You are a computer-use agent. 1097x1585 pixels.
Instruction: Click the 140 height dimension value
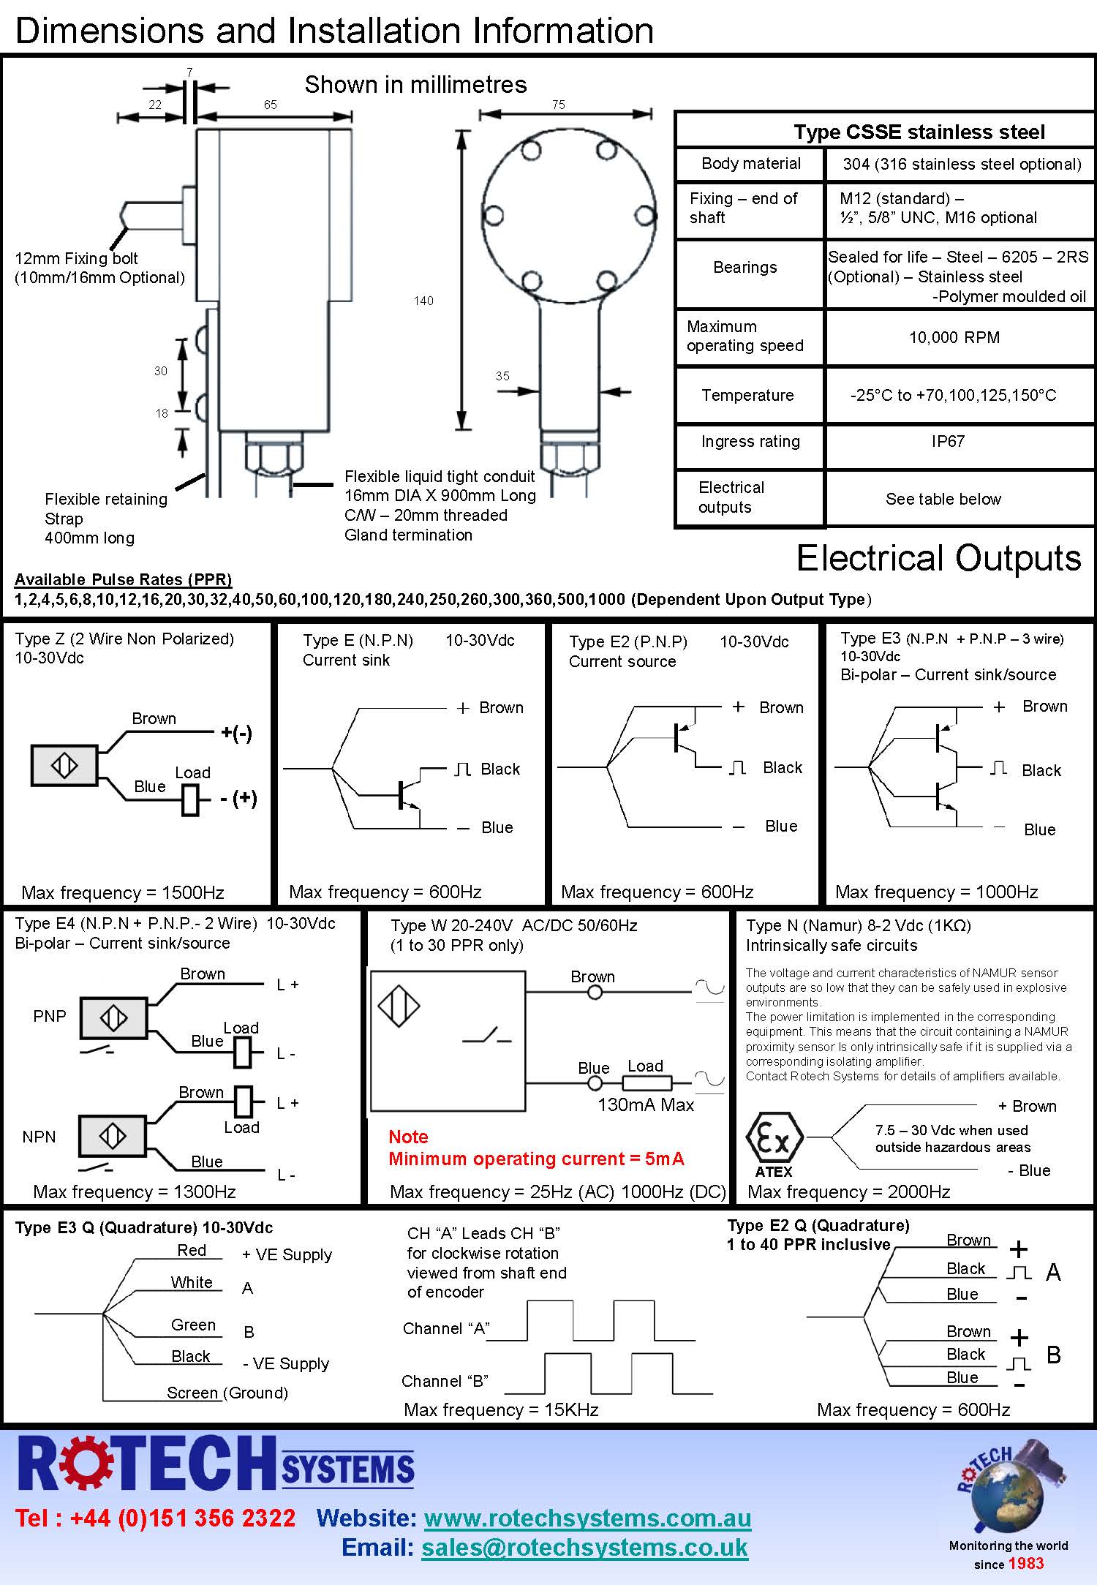tap(423, 301)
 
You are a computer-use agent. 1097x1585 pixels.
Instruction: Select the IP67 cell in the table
tap(948, 441)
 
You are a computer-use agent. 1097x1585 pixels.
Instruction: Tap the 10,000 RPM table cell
tap(954, 337)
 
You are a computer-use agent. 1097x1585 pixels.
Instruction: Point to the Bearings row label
tap(745, 267)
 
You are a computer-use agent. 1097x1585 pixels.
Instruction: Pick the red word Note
tap(408, 1137)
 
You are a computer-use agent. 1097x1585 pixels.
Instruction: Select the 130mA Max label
tap(646, 1104)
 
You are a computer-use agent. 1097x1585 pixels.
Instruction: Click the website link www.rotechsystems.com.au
tap(587, 1518)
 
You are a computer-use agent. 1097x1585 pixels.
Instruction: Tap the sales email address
tap(584, 1548)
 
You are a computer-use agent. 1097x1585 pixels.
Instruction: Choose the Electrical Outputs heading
tap(938, 558)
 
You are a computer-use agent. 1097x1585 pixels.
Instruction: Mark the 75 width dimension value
tap(559, 105)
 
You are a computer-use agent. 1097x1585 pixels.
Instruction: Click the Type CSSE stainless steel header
tap(919, 132)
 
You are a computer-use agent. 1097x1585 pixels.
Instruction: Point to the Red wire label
tap(192, 1250)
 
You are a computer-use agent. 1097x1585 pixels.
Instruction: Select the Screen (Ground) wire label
tap(227, 1393)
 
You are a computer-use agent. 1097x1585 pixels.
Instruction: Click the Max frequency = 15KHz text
tap(501, 1409)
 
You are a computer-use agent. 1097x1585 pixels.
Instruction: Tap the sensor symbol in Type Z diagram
tap(64, 766)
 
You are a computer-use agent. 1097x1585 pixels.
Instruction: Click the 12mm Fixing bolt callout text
tap(76, 258)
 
